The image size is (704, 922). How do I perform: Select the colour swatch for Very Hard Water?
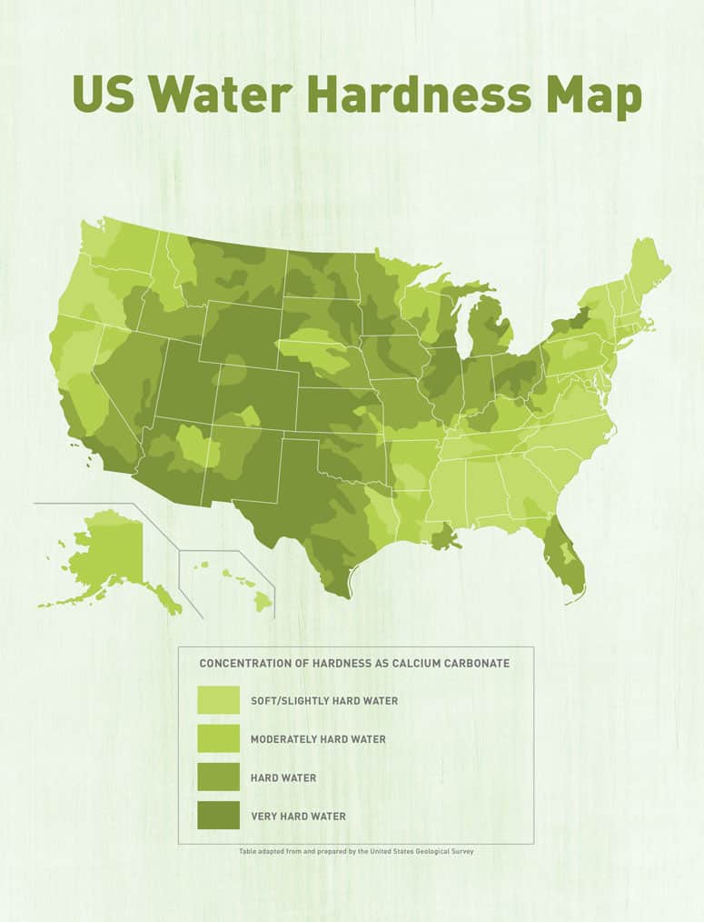point(218,816)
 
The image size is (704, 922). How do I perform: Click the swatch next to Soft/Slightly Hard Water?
point(218,700)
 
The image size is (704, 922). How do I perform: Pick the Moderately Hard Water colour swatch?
point(218,738)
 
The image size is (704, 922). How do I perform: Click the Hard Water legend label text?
point(283,777)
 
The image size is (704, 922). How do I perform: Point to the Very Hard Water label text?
point(298,816)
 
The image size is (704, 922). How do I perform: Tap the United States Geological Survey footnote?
point(356,851)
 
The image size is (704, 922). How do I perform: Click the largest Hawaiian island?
point(263,601)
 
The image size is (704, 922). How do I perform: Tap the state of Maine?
point(647,268)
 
